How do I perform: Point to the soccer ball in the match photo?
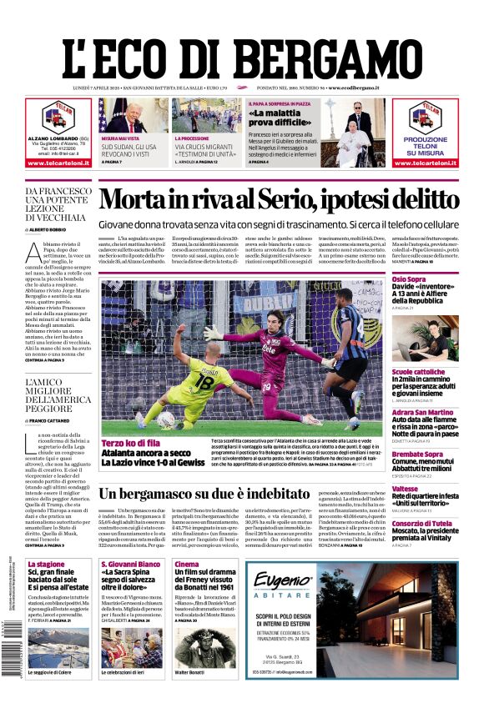[x=166, y=419]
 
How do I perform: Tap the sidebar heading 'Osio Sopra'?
[x=409, y=279]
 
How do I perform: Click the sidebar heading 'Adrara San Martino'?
[x=423, y=412]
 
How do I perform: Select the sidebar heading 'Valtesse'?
[x=405, y=489]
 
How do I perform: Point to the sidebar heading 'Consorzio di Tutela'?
[x=423, y=523]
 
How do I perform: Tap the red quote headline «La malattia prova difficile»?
[x=255, y=117]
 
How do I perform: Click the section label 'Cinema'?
[x=186, y=564]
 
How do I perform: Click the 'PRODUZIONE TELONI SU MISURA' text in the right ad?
[x=426, y=145]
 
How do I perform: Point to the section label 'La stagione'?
[x=46, y=564]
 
